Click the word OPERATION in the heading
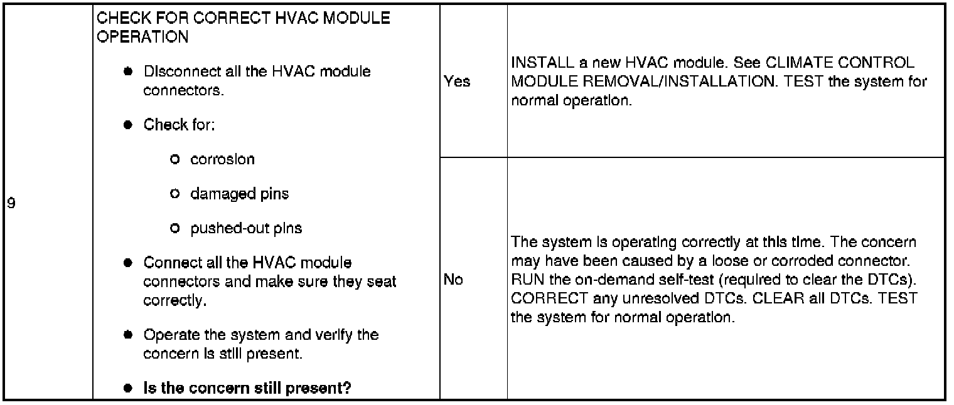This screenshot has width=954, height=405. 142,36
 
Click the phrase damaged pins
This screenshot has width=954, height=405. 239,194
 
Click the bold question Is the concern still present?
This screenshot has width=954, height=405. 247,388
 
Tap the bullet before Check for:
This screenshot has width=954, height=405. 127,125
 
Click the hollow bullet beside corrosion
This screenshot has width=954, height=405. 175,160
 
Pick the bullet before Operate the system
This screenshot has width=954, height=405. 127,334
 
